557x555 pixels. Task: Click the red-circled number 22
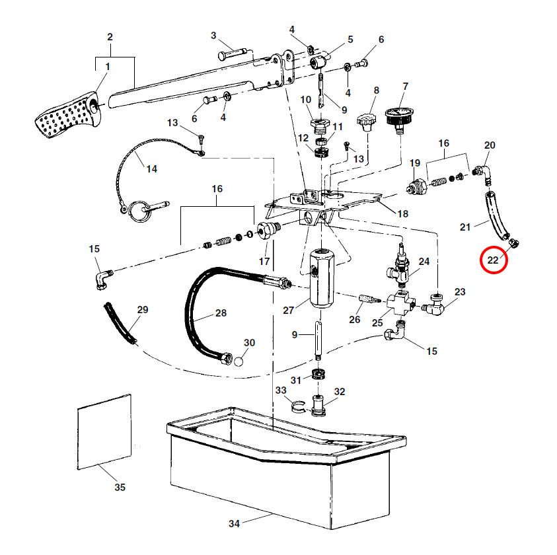[x=494, y=260]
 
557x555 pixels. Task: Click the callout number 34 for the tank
[x=234, y=524]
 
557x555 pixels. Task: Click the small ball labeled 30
[x=239, y=361]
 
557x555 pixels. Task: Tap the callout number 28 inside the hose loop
[x=220, y=313]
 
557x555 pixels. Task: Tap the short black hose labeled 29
[x=120, y=323]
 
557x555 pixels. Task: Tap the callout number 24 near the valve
[x=424, y=262]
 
